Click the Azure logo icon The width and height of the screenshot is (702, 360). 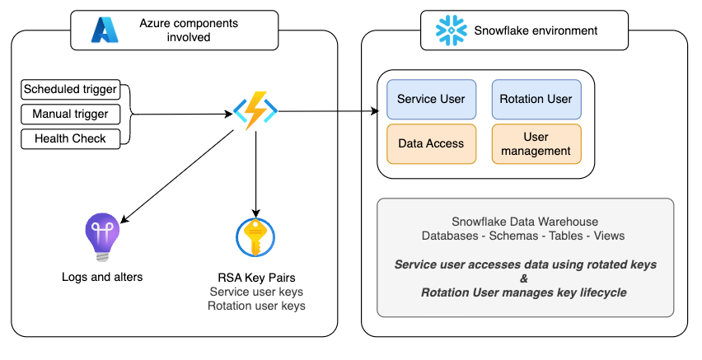pyautogui.click(x=105, y=30)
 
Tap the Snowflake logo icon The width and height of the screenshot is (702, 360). pyautogui.click(x=451, y=30)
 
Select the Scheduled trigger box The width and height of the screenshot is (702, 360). pyautogui.click(x=70, y=89)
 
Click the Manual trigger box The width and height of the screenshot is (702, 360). pyautogui.click(x=70, y=114)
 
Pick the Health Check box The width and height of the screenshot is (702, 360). pyautogui.click(x=70, y=138)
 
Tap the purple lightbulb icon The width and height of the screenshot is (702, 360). pyautogui.click(x=102, y=237)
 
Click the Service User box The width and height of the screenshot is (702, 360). pyautogui.click(x=431, y=99)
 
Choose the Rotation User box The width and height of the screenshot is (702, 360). pyautogui.click(x=536, y=99)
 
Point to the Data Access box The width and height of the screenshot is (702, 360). pyautogui.click(x=431, y=143)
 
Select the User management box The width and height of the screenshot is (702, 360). pyautogui.click(x=536, y=143)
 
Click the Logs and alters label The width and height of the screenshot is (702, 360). pyautogui.click(x=102, y=277)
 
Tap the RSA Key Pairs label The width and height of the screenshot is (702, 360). pyautogui.click(x=257, y=277)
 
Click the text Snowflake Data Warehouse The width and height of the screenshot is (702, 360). pyautogui.click(x=525, y=222)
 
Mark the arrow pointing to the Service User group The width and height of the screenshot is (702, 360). pyautogui.click(x=330, y=111)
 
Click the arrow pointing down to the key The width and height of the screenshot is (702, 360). pyautogui.click(x=256, y=173)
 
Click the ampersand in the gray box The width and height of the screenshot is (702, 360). pyautogui.click(x=525, y=278)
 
